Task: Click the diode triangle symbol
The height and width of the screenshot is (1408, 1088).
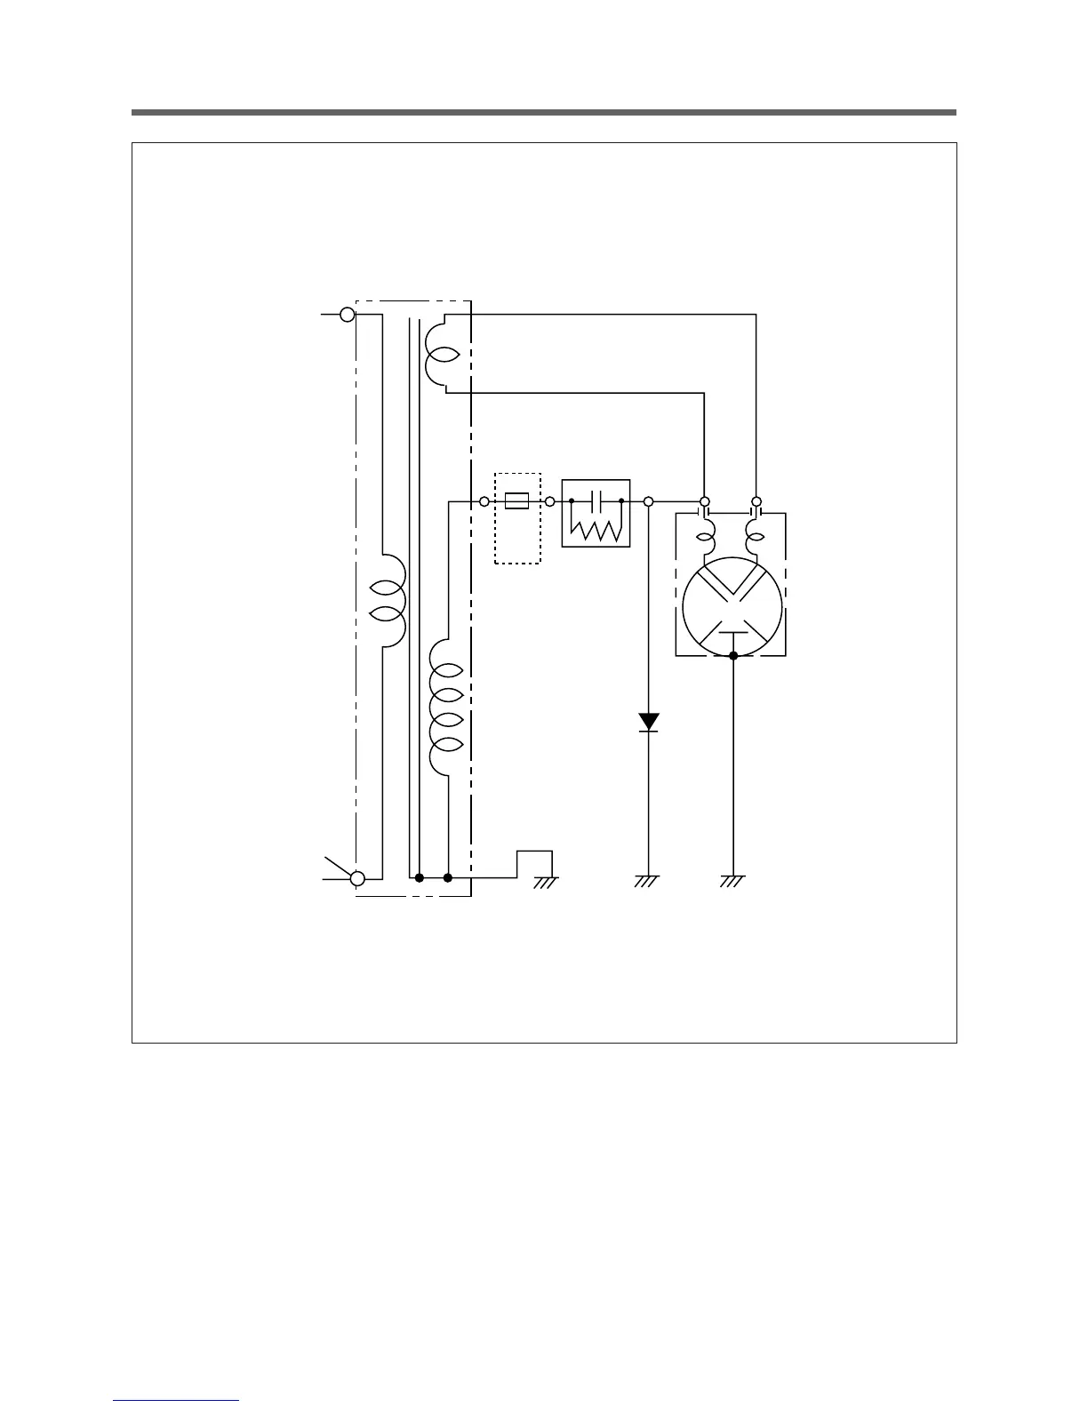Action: (649, 722)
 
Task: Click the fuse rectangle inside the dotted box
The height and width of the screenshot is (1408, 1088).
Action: (516, 501)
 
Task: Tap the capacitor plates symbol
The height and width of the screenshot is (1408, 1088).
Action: (597, 501)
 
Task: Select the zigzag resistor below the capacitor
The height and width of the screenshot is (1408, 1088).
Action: (596, 531)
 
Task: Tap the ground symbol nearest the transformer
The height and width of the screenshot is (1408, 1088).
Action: (545, 882)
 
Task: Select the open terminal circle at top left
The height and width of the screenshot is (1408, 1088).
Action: (348, 315)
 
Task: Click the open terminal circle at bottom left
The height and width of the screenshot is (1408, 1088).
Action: (357, 878)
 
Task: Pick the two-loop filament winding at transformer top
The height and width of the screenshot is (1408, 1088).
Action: (440, 354)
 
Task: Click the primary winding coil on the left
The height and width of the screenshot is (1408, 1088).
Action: (389, 602)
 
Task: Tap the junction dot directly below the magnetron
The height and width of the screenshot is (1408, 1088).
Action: (733, 656)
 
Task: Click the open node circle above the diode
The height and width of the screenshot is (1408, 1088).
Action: (649, 502)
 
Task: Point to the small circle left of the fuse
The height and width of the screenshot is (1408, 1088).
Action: (484, 502)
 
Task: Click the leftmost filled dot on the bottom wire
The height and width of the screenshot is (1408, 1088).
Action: (419, 878)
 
